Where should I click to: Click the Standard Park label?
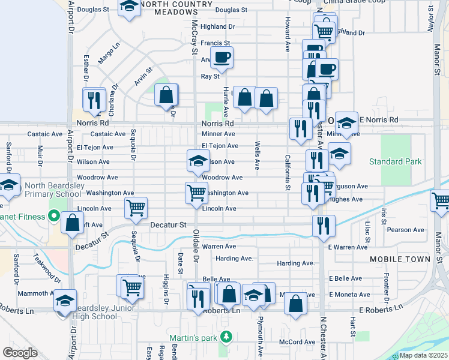[395, 162]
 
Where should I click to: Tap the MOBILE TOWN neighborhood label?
[400, 259]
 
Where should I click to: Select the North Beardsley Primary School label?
[53, 190]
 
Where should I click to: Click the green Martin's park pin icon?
[225, 336]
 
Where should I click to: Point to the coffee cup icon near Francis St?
[221, 58]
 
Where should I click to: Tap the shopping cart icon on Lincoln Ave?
[136, 208]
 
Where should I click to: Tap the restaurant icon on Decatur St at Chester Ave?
[323, 226]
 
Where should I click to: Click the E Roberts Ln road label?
[381, 308]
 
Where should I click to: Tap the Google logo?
[20, 353]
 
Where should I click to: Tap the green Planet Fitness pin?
[54, 215]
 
